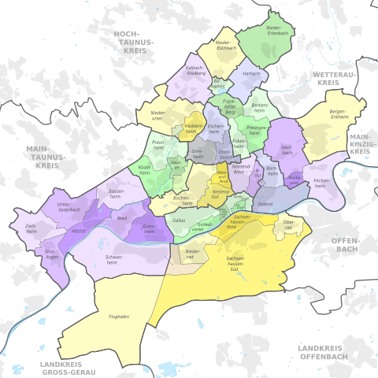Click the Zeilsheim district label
tap(31, 226)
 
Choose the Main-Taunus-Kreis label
tap(43, 157)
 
